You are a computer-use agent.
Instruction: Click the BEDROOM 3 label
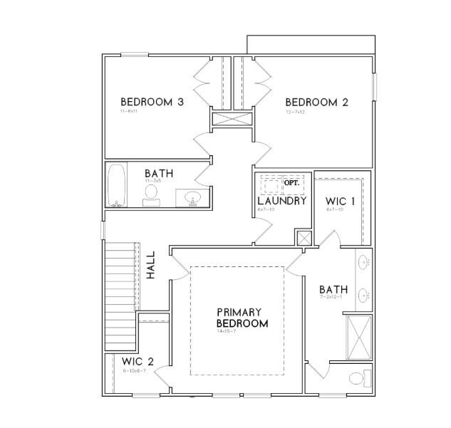[152, 103]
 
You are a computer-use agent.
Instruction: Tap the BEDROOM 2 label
[316, 103]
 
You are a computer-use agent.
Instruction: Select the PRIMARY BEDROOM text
[242, 318]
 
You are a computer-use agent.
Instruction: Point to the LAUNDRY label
[281, 201]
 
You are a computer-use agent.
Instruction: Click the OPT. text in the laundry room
[291, 183]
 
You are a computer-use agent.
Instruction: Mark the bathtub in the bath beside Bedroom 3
[117, 185]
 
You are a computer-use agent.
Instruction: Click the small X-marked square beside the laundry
[304, 239]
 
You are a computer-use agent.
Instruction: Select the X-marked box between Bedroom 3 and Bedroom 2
[232, 119]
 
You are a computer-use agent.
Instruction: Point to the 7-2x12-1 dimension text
[332, 297]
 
